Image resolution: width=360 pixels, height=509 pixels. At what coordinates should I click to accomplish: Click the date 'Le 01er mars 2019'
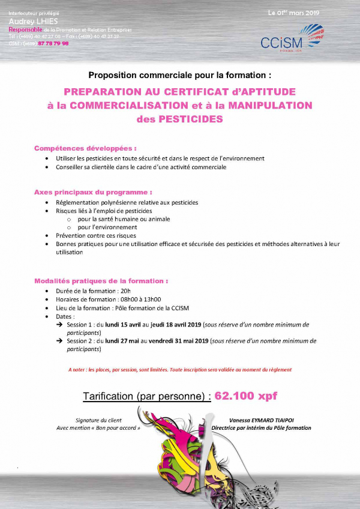[293, 13]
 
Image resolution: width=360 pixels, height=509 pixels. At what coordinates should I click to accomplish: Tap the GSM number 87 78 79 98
[53, 43]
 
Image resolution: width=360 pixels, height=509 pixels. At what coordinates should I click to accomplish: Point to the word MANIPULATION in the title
[268, 105]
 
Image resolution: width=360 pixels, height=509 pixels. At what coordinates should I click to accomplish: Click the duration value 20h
[125, 291]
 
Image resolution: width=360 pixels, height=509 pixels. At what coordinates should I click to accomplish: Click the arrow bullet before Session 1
[59, 325]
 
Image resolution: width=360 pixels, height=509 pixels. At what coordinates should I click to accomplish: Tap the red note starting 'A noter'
[180, 370]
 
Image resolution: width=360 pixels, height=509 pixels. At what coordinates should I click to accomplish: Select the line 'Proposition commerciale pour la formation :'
[180, 76]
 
